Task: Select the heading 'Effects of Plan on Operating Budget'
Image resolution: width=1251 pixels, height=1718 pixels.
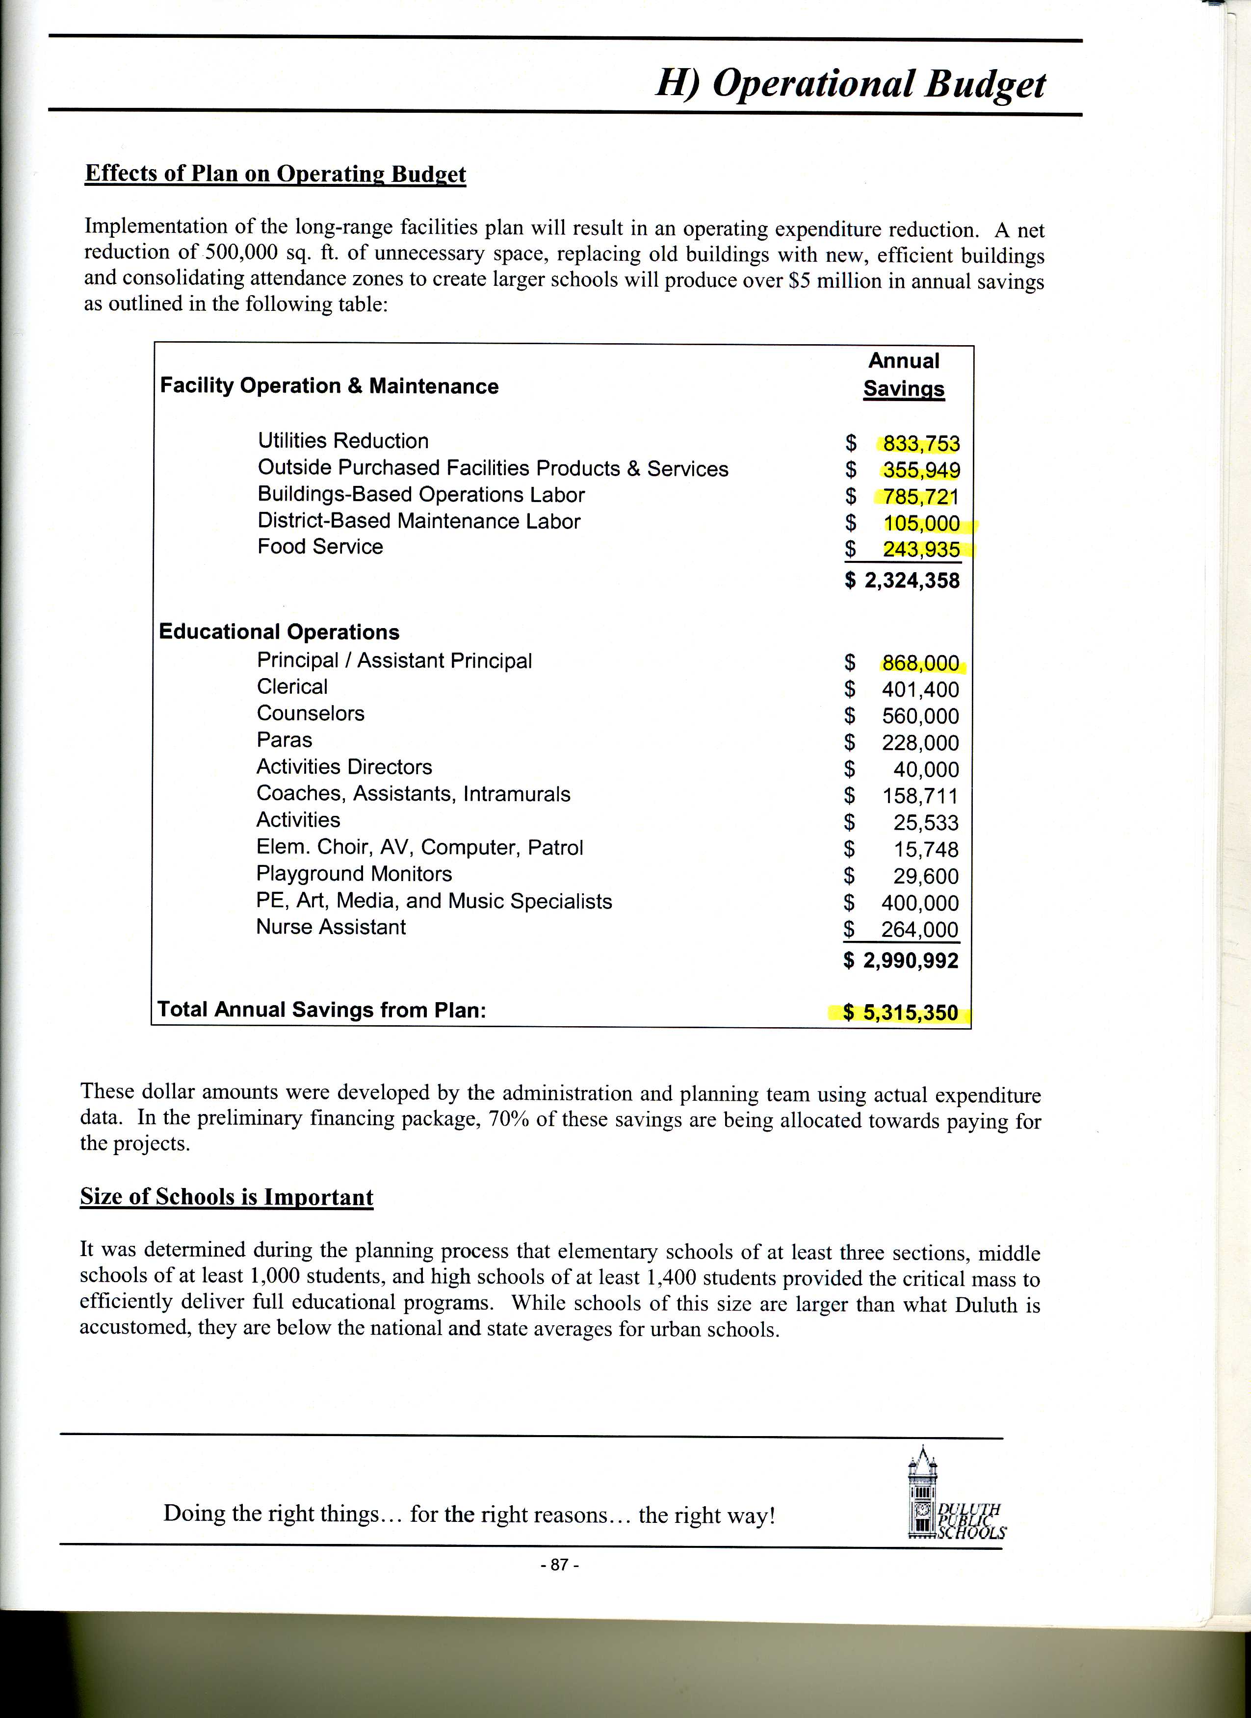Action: (x=275, y=174)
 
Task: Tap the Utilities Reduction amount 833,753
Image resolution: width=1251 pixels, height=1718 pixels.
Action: (x=921, y=443)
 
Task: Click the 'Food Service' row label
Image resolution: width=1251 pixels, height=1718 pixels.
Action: (x=320, y=547)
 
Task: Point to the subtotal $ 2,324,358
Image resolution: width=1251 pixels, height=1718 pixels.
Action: (x=902, y=581)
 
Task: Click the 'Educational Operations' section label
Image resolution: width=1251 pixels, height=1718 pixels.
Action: (x=279, y=632)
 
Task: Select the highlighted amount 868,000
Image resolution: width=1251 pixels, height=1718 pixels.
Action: (x=920, y=663)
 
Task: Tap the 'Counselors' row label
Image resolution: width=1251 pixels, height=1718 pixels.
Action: (x=310, y=713)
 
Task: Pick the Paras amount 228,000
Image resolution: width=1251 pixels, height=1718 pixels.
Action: (x=920, y=743)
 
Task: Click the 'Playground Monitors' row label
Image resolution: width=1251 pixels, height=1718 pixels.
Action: (x=354, y=874)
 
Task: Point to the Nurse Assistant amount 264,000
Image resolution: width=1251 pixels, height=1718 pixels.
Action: (x=919, y=930)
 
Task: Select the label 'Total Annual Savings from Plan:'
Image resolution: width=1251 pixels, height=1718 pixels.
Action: (x=321, y=1010)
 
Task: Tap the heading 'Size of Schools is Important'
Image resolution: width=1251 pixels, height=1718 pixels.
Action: (x=227, y=1197)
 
